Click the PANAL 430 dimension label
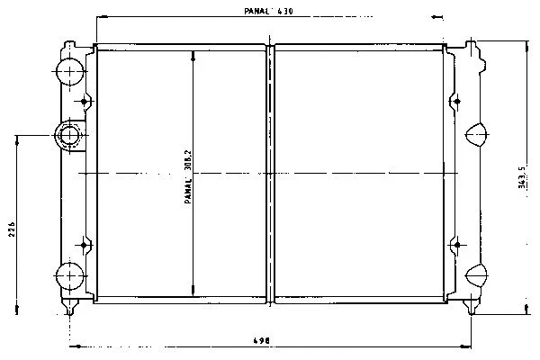268,11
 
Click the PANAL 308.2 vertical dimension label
188,176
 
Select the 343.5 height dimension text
522,177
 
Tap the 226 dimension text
12,229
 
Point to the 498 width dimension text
261,341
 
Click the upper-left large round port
70,72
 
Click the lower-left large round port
70,276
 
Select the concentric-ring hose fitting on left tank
70,135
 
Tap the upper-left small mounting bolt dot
84,102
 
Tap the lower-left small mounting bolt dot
84,245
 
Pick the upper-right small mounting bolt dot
457,102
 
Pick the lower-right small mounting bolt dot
457,245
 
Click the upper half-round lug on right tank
477,134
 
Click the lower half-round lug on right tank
477,275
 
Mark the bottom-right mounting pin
471,306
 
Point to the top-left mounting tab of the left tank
70,46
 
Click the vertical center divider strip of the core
270,174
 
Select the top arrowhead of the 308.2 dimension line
193,57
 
